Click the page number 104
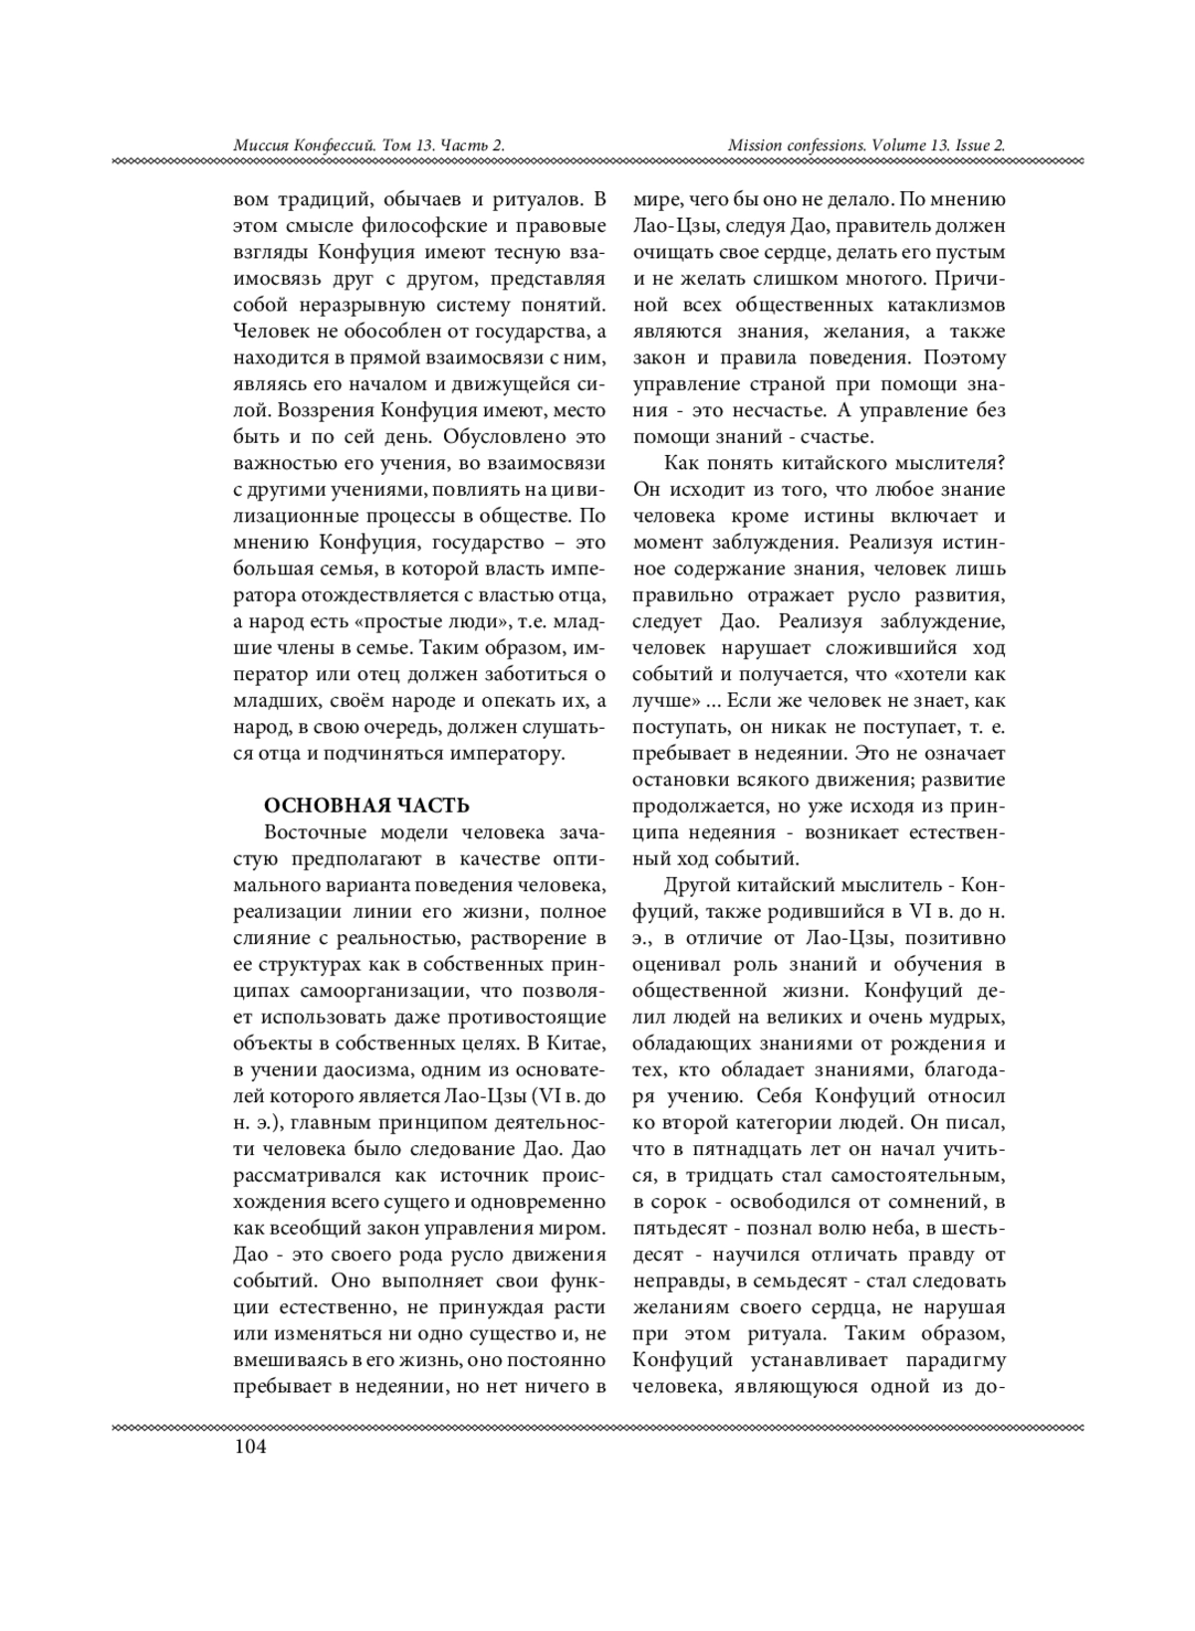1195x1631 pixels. pos(250,1447)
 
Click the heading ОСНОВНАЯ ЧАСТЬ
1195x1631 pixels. pos(365,805)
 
